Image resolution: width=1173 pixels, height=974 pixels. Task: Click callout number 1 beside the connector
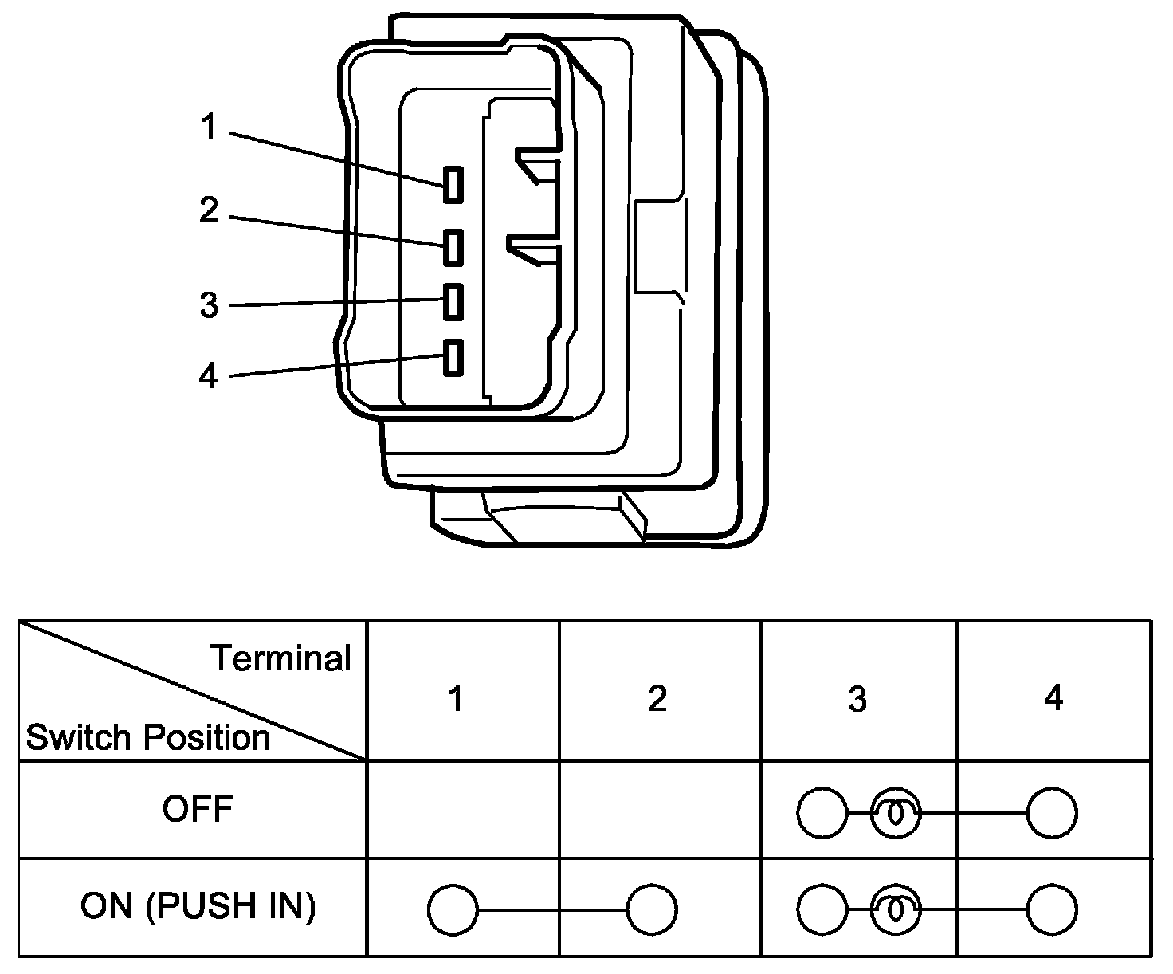209,127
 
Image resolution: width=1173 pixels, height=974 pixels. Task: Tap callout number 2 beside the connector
209,210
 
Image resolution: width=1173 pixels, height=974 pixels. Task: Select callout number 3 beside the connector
209,305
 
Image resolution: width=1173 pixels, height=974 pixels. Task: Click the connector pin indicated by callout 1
453,184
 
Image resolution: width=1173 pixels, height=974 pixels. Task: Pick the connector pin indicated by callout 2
453,247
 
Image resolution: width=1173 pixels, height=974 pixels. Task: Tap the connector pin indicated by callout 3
453,302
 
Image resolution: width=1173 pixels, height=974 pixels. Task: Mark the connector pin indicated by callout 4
453,357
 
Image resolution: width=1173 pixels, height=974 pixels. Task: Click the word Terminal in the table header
280,658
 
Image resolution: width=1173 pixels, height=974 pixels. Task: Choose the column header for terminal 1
457,698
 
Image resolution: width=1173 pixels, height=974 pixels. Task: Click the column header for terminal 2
657,698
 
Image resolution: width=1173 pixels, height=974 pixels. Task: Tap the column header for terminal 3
857,699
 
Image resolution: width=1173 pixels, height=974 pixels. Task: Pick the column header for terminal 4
1053,697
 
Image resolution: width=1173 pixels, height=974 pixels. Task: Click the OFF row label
198,809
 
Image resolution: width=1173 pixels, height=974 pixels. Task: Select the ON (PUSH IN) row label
198,906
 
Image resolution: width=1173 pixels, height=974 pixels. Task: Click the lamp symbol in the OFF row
896,813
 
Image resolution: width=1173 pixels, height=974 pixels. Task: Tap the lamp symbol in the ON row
896,909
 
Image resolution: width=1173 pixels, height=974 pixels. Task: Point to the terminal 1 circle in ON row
453,910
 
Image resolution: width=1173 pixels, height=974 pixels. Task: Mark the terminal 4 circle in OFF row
1052,813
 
